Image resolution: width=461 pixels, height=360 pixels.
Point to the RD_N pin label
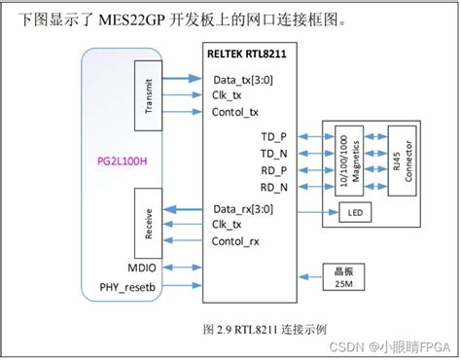coord(275,186)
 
